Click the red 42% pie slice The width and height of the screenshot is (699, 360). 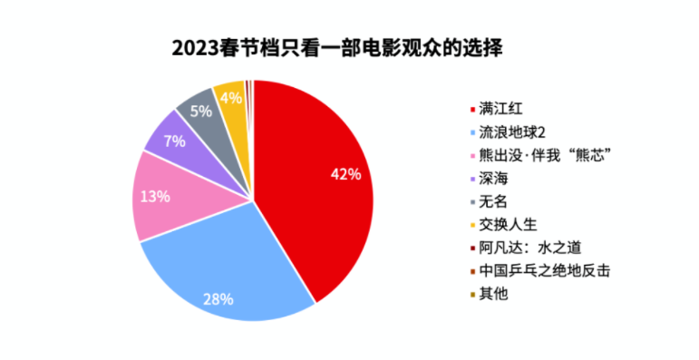pyautogui.click(x=312, y=179)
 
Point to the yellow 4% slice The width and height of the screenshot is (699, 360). pyautogui.click(x=234, y=112)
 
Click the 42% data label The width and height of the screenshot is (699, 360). pyautogui.click(x=346, y=174)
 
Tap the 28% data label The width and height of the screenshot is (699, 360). pyautogui.click(x=218, y=299)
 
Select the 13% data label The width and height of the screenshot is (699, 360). pyautogui.click(x=155, y=196)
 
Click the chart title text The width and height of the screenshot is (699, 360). pyautogui.click(x=337, y=48)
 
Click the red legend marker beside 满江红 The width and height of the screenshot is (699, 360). pyautogui.click(x=472, y=110)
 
